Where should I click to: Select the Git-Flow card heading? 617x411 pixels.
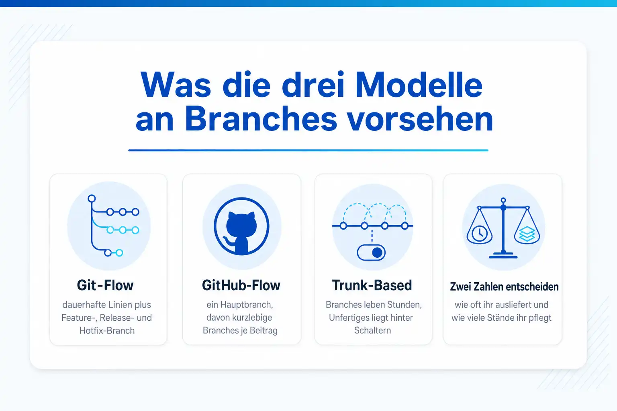(x=105, y=285)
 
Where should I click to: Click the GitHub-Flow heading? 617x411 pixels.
(x=241, y=285)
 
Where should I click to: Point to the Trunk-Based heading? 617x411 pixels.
(x=372, y=285)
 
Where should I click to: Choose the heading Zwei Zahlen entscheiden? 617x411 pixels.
(x=504, y=287)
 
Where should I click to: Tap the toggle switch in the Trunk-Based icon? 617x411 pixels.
(x=371, y=253)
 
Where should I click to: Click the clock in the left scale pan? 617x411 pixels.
(x=480, y=234)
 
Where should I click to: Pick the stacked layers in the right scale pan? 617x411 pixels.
(x=527, y=234)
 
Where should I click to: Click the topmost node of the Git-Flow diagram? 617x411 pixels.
(x=92, y=199)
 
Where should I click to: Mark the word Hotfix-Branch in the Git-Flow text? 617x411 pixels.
(x=107, y=330)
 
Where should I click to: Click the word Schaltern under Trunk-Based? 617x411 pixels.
(x=372, y=330)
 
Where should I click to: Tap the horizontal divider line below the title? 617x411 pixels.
(x=308, y=150)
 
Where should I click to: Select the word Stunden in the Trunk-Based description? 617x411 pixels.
(x=405, y=305)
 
